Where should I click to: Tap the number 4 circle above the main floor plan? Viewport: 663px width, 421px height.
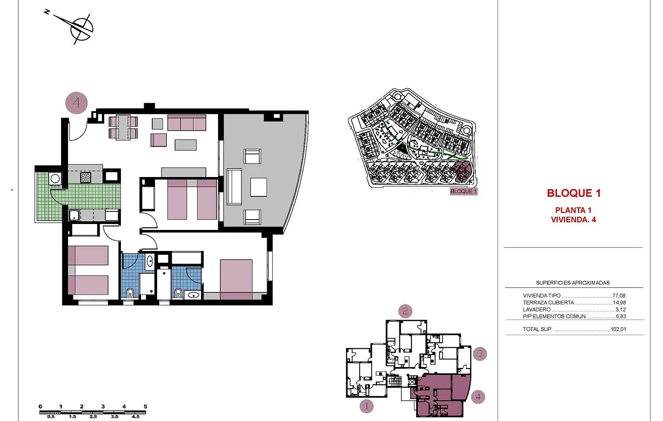coord(77,103)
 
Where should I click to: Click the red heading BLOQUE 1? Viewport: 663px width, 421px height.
coord(573,193)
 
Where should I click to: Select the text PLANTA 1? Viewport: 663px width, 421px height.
coord(573,210)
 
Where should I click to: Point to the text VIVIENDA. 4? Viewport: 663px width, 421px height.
coord(573,220)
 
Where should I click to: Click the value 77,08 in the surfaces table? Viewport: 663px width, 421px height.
coord(619,296)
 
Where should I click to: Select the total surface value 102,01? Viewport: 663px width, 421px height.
coord(619,329)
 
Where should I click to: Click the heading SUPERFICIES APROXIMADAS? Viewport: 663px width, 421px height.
coord(573,283)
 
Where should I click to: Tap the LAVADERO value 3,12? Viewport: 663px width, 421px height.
coord(621,310)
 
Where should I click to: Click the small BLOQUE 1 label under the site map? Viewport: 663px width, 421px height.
coord(464,192)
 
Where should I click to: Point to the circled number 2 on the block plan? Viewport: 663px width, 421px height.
coord(405,311)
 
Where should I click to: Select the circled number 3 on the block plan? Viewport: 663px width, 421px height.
coord(480,354)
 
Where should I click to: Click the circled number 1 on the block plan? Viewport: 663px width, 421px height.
coord(367,406)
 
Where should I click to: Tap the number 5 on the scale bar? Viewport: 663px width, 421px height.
coord(145,406)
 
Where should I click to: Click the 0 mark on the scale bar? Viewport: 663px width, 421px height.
coord(40,406)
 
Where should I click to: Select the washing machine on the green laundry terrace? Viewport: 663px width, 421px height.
coord(55,178)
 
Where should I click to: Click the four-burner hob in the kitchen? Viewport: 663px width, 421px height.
coord(86,176)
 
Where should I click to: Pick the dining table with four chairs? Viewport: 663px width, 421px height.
coord(123,127)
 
